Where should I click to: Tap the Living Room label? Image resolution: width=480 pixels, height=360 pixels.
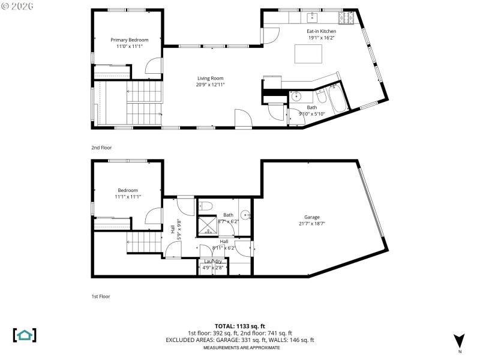point(210,78)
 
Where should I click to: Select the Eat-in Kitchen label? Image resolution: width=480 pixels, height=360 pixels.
point(322,31)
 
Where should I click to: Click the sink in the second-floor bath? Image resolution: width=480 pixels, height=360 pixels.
point(296,96)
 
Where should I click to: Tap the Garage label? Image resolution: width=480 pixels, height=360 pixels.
point(312,217)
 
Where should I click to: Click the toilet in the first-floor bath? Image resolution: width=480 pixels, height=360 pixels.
point(206,206)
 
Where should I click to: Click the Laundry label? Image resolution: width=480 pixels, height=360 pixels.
point(213,261)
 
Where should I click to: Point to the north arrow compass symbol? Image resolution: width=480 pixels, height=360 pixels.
point(459,340)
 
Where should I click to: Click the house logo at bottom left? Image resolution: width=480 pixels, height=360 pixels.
point(25,335)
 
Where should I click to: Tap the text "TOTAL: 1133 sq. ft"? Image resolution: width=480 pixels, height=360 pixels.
point(239,326)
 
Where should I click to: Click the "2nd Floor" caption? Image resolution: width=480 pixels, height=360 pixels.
point(101,148)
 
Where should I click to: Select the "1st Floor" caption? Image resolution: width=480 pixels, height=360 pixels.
point(101,296)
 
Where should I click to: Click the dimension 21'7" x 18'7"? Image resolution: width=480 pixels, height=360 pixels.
point(312,224)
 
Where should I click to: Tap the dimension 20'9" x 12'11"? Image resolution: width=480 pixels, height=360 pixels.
point(210,85)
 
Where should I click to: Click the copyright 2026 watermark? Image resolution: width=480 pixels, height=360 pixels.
point(17,5)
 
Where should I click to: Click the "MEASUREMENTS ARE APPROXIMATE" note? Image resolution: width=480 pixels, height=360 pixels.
point(239,348)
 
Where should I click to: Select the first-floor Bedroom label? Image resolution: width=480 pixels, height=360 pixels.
point(128,190)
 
